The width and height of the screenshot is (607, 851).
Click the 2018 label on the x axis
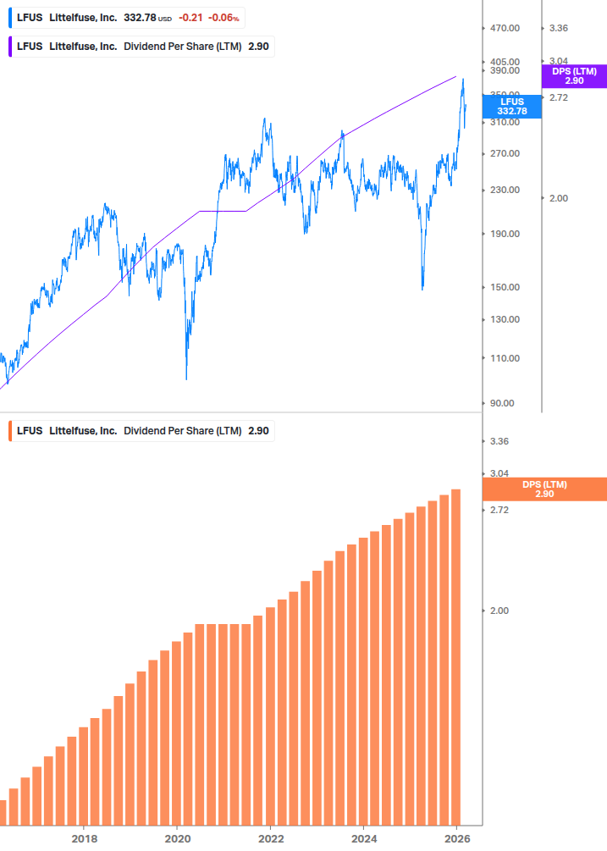point(84,838)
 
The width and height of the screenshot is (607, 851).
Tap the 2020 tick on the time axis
point(177,838)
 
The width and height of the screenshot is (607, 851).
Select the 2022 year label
point(270,838)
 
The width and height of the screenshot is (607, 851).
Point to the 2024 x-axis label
point(363,838)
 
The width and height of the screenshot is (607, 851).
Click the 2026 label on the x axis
point(456,838)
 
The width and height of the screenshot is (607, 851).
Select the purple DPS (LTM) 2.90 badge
point(574,76)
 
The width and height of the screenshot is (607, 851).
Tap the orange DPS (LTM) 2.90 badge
point(544,489)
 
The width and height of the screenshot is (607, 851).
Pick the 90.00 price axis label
point(505,403)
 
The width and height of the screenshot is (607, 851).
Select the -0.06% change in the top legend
point(224,18)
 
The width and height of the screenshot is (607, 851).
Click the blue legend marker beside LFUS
point(10,18)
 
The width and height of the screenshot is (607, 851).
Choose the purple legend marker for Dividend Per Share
point(10,47)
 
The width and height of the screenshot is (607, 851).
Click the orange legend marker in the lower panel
point(10,431)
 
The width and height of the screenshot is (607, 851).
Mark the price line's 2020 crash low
point(186,379)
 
